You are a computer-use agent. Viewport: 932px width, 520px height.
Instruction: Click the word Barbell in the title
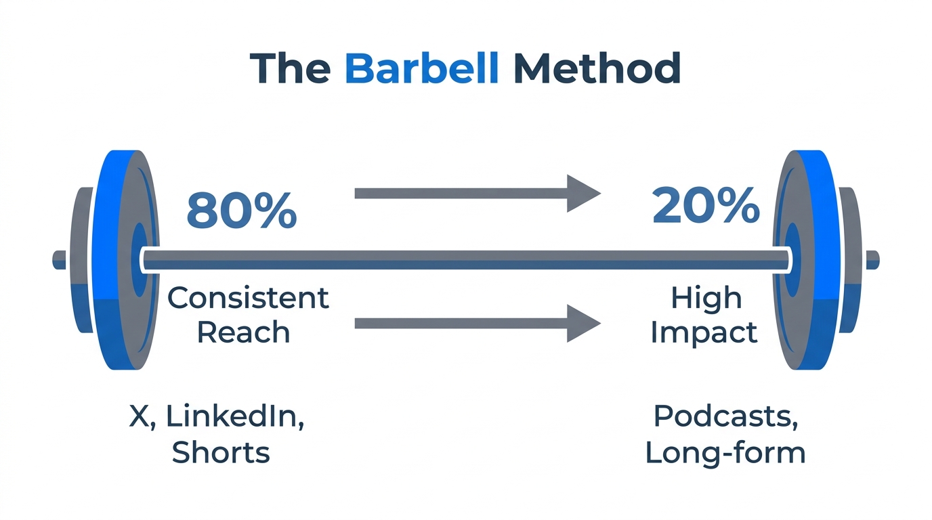point(421,68)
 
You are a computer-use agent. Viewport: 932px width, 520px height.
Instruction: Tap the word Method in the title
point(597,68)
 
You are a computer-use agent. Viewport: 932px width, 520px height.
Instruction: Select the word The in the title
point(290,68)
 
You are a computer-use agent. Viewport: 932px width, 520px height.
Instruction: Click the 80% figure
point(241,210)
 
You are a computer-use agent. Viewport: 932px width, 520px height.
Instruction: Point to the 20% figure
point(705,206)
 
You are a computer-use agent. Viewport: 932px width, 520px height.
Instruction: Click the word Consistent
point(248,298)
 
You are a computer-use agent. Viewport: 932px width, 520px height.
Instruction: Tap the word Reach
point(243,332)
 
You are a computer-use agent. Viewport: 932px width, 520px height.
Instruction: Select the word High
point(706,298)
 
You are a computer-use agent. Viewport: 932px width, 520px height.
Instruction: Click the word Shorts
point(221,452)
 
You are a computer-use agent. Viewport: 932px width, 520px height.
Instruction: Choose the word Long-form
point(725,452)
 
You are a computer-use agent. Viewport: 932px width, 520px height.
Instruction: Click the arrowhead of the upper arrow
point(583,194)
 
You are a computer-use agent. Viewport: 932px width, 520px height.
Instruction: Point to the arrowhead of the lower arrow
point(583,323)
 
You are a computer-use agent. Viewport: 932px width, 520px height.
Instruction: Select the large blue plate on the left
point(108,260)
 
